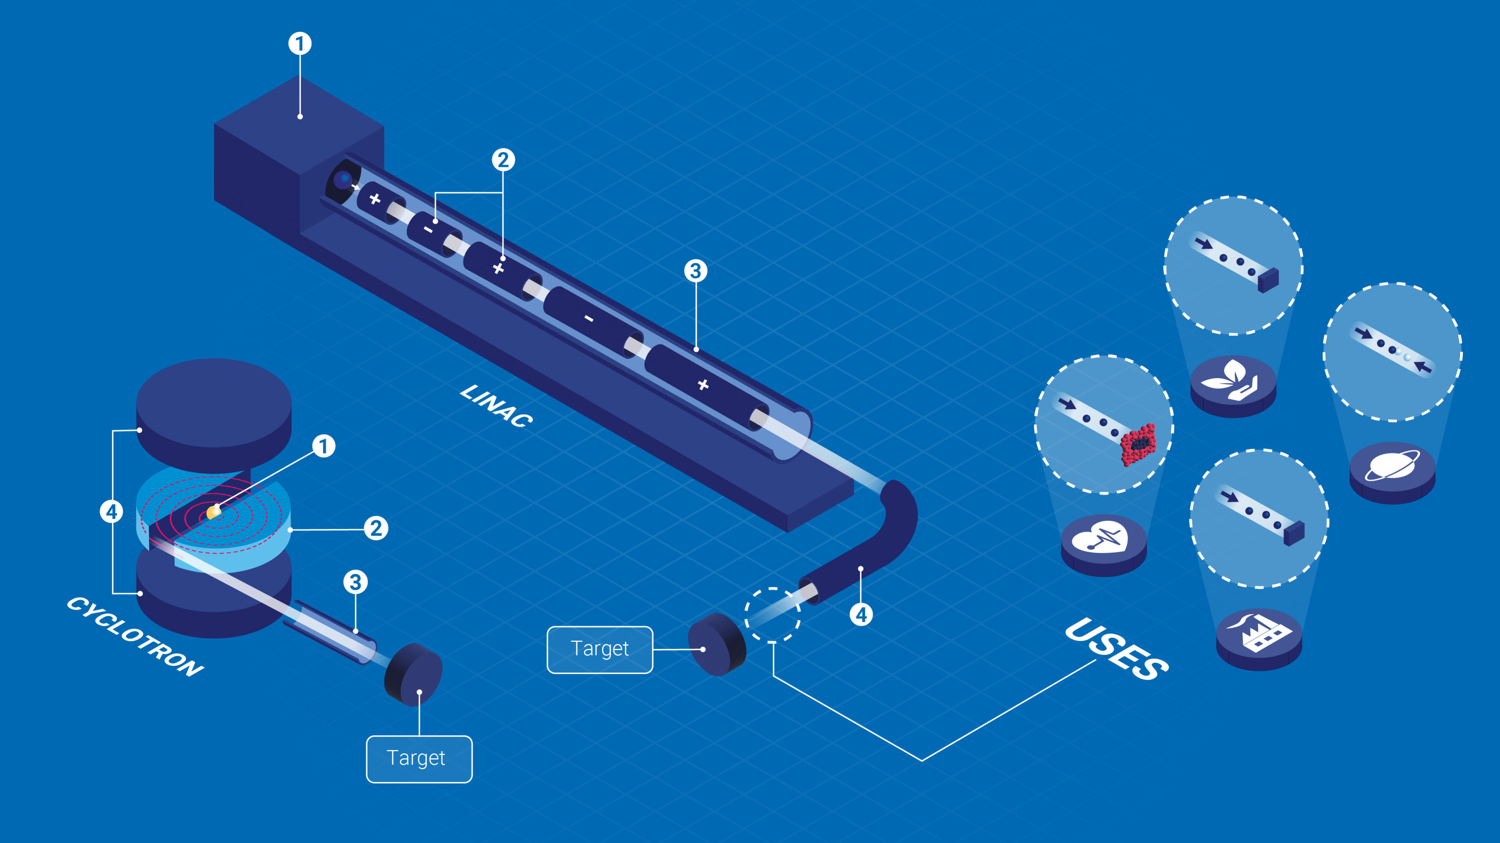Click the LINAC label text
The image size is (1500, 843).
(496, 406)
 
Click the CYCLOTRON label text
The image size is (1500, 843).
(135, 636)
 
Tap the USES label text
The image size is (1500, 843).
(1116, 649)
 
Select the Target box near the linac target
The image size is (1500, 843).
(600, 650)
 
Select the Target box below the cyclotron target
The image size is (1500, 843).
(418, 759)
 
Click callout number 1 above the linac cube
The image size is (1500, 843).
(300, 43)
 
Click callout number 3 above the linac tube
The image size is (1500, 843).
(695, 271)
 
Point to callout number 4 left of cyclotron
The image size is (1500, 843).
(111, 512)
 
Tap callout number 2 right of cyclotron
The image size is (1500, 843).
(376, 529)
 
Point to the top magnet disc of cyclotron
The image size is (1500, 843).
(214, 402)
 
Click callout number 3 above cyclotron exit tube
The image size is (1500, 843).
(355, 582)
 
